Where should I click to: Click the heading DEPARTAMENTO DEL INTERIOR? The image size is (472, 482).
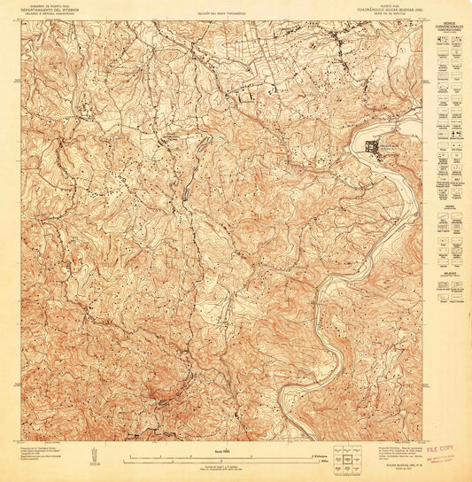[52, 10]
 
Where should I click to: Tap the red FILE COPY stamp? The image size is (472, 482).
[444, 452]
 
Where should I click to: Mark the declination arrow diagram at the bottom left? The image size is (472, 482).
[91, 454]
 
